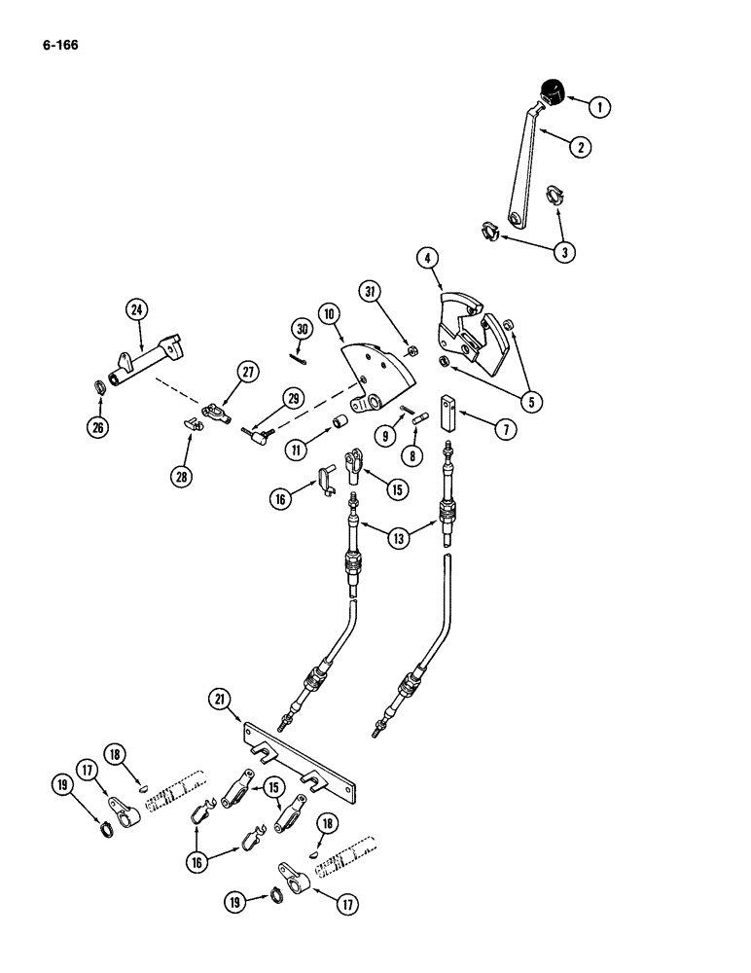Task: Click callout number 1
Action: pyautogui.click(x=600, y=107)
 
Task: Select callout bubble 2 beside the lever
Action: pyautogui.click(x=580, y=147)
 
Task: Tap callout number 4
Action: pyautogui.click(x=425, y=259)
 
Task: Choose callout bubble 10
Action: pyautogui.click(x=331, y=313)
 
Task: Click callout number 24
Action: pyautogui.click(x=134, y=311)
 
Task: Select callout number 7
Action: pyautogui.click(x=504, y=427)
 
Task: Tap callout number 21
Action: pyautogui.click(x=220, y=699)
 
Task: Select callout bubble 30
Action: pyautogui.click(x=302, y=329)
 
